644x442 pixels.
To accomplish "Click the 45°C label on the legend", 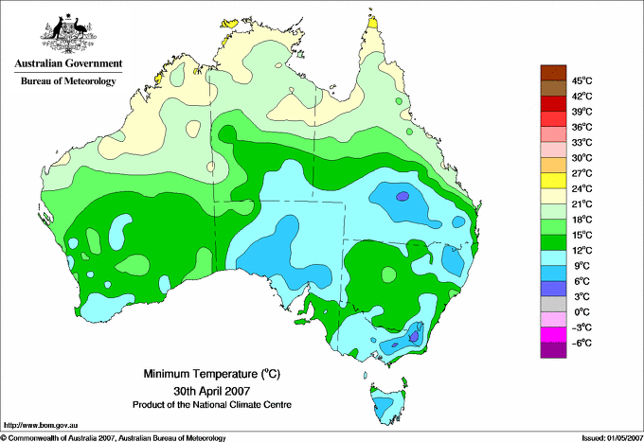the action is (582, 80).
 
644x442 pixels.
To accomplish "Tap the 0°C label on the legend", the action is (581, 312).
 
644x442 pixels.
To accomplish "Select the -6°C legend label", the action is (581, 343).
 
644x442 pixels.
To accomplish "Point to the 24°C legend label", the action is (582, 188).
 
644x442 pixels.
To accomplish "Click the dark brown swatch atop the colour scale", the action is (553, 73).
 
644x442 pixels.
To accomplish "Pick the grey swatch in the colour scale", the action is (553, 304).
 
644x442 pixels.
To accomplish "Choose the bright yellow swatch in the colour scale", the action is (553, 181).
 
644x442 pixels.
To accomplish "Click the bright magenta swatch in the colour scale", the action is (553, 335).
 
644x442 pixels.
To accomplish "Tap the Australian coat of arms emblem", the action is (68, 34).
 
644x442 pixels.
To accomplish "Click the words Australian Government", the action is (68, 63).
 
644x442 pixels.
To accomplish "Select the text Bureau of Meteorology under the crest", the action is (68, 80).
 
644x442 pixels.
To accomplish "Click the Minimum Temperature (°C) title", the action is (211, 374).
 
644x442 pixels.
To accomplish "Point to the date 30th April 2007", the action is (211, 390).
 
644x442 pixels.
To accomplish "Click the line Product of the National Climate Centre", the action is (212, 405).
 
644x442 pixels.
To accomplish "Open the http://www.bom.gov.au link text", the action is (41, 426).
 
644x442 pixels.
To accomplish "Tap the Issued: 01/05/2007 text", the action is (613, 438).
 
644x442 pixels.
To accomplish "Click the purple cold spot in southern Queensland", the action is (402, 196).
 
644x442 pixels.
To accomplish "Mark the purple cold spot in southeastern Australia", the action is (415, 336).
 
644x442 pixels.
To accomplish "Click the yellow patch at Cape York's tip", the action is (373, 22).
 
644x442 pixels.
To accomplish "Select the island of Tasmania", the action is (386, 402).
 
